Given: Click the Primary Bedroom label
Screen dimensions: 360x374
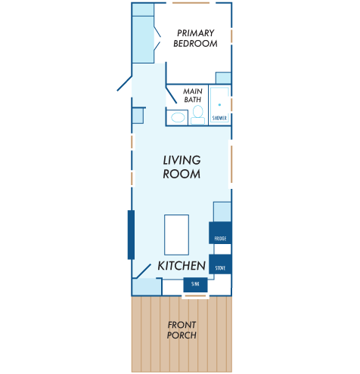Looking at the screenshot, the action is [195, 39].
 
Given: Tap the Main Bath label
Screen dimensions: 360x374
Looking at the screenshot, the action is [193, 95].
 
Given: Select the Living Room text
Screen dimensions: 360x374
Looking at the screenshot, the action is [182, 167].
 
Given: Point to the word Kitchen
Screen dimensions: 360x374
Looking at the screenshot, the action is [182, 266].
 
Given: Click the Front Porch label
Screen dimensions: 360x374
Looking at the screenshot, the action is [182, 330].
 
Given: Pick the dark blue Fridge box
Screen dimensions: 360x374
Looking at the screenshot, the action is [220, 233].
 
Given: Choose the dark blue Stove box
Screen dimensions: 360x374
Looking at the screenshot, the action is [220, 264].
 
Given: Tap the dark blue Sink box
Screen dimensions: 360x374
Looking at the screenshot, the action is [195, 285].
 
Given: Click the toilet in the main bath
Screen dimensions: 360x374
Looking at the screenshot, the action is [198, 115].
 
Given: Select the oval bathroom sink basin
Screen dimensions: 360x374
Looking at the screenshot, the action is [178, 117].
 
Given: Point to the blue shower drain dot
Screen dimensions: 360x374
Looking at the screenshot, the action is [219, 105].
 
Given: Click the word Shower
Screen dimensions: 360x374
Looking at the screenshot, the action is [219, 118].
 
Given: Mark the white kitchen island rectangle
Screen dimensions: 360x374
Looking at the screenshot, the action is [176, 235].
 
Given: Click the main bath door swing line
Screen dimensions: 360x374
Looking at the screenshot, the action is [172, 95].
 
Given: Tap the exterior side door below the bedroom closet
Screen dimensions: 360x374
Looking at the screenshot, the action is [124, 83].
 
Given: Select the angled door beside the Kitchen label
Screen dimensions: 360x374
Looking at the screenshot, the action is [144, 271].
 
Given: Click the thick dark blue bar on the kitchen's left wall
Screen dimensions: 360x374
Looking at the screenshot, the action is [131, 235].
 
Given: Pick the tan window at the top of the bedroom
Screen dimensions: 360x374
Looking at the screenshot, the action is [191, 3].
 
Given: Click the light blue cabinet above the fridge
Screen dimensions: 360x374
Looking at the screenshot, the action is [222, 212].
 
